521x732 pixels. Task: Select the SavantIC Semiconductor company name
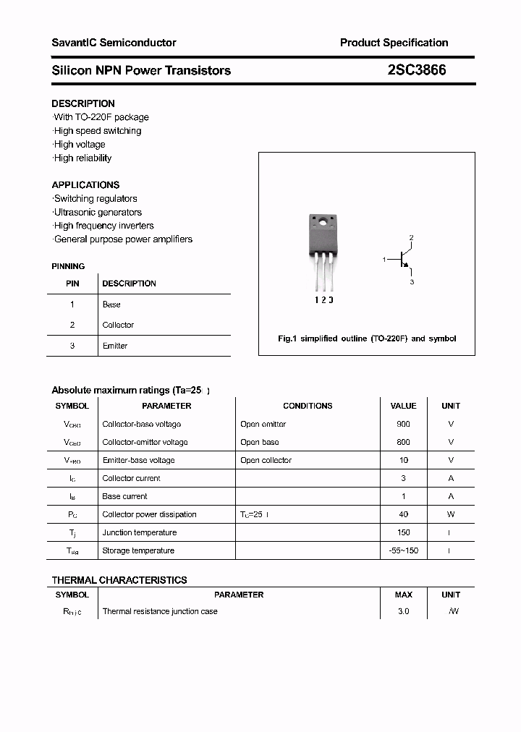tap(114, 43)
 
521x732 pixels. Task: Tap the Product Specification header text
tap(394, 43)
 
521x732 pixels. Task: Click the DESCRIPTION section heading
tap(83, 103)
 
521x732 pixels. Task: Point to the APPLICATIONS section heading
tap(85, 185)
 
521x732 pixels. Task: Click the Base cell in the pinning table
tap(111, 305)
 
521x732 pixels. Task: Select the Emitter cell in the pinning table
tap(115, 346)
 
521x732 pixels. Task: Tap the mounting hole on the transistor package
tap(322, 221)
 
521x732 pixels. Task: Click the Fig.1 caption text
tap(367, 339)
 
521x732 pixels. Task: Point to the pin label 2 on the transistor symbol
tap(411, 238)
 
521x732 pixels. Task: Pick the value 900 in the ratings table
tap(403, 424)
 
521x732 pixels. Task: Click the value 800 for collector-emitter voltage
tap(403, 442)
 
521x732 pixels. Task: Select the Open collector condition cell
tap(266, 460)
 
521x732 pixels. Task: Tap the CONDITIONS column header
tap(308, 406)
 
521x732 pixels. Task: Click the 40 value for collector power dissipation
tap(403, 514)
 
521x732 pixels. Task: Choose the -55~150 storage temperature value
tap(403, 550)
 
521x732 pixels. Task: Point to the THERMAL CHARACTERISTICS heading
tap(119, 580)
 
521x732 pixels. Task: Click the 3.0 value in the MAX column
tap(403, 611)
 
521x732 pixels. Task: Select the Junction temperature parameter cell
tap(139, 532)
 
